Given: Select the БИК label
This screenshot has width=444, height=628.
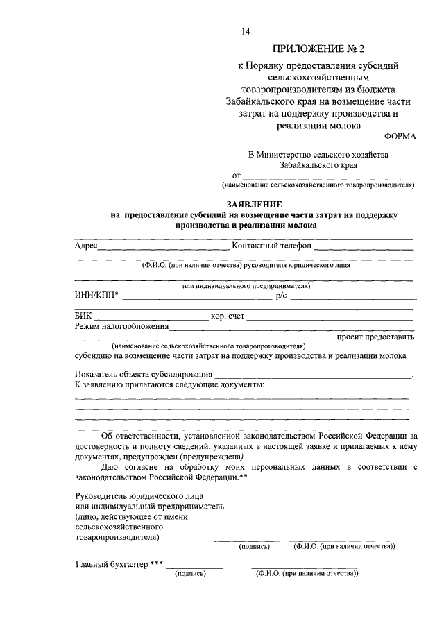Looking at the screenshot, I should coord(83,316).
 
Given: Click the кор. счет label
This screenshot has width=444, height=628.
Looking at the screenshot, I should coord(228,316).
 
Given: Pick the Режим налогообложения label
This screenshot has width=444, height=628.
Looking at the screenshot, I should coord(121,326).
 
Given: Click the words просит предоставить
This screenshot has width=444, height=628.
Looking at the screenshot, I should coord(375,337).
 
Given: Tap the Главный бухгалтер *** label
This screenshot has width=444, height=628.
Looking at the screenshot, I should coord(119,564).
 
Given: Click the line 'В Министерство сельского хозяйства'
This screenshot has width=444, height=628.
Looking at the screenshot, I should coord(318,154).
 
